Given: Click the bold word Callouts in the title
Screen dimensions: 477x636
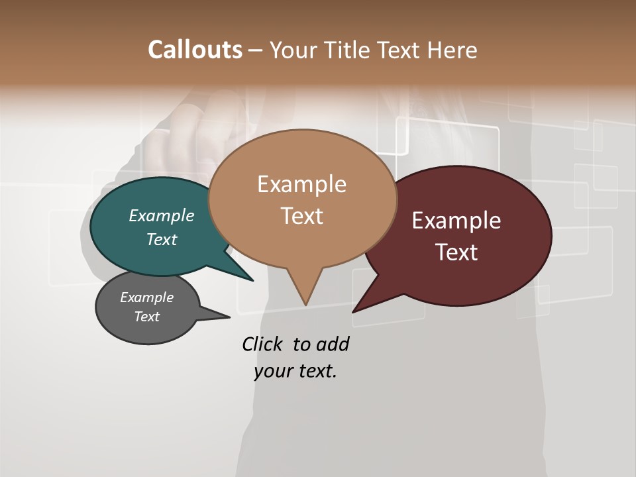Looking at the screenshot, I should click(195, 50).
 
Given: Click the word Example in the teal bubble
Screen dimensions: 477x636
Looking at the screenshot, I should click(162, 215).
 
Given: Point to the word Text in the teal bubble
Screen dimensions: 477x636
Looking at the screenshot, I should click(162, 239).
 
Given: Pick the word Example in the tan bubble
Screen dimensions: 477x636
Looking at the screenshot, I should click(301, 184).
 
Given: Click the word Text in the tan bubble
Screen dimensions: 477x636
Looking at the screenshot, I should click(302, 216).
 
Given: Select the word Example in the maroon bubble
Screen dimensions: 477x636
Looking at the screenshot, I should click(456, 220).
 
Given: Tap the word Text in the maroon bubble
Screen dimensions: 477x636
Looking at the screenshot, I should click(457, 252).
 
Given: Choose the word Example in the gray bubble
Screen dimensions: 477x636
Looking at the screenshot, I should click(147, 297).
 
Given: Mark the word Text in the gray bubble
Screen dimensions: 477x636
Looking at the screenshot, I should click(147, 317).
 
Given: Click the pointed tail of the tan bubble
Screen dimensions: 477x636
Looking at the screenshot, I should click(305, 301).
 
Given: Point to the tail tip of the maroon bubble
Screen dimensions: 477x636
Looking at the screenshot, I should click(355, 309).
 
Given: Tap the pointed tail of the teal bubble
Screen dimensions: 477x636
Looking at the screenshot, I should click(249, 277).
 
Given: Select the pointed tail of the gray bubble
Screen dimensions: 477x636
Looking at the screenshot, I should click(225, 316).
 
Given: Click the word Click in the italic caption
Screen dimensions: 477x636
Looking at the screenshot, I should click(264, 344).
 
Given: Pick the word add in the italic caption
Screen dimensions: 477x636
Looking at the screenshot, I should click(333, 344).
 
